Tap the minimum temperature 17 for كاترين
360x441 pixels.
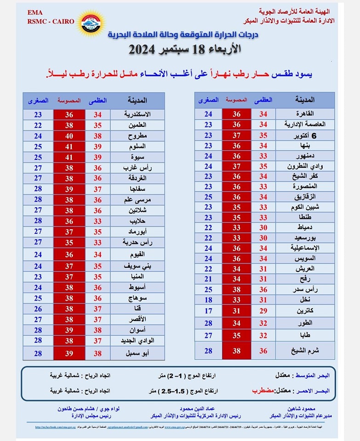click(x=208, y=311)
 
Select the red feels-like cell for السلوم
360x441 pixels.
click(x=69, y=146)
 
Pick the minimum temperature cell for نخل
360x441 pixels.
click(x=208, y=300)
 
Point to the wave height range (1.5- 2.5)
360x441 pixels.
click(x=180, y=390)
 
